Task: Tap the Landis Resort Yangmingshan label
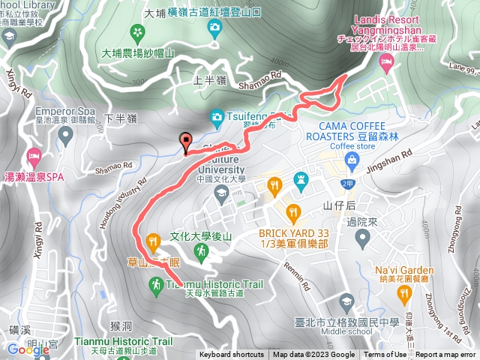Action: [384, 22]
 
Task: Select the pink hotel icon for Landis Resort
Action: [386, 65]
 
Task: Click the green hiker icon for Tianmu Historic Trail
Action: [156, 285]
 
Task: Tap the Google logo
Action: [28, 349]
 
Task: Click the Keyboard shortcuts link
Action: [231, 355]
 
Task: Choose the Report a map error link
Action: [445, 355]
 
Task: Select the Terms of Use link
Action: [385, 355]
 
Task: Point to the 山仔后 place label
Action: [337, 205]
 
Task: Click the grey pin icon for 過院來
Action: [362, 239]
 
